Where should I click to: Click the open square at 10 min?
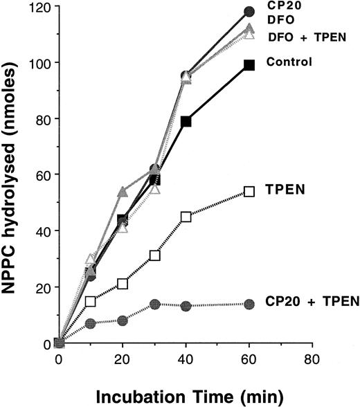tap(91, 301)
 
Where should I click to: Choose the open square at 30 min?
tap(154, 255)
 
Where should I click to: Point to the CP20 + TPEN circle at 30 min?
tap(154, 304)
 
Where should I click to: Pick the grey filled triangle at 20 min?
tap(123, 191)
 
